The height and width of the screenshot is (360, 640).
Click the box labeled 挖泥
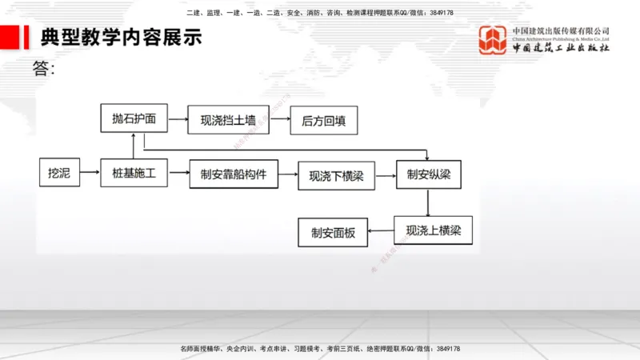pos(60,173)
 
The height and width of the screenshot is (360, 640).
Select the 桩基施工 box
pos(134,173)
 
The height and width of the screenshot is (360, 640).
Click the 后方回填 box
pos(323,121)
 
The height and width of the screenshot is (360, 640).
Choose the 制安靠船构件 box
pos(233,174)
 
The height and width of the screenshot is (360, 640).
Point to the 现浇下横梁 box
pos(336,176)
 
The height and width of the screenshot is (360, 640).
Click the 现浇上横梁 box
pos(433,230)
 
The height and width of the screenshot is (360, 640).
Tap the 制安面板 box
pos(332,233)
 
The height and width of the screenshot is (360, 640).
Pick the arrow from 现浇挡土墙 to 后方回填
pos(279,120)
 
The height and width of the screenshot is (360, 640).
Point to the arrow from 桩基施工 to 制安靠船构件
pos(178,173)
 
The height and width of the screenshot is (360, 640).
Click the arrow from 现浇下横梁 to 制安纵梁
pos(386,175)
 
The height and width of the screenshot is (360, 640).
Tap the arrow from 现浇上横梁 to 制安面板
pos(380,232)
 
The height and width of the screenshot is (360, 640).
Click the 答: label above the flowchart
pos(45,69)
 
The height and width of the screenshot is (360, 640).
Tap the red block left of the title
pos(10,36)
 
